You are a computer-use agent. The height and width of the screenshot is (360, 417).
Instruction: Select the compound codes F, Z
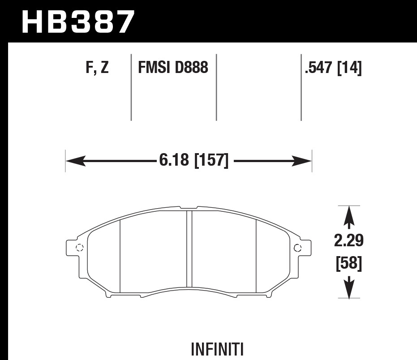pos(96,68)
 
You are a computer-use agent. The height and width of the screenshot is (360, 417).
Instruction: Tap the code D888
pos(192,68)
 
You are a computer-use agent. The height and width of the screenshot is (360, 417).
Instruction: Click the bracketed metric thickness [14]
pos(349,68)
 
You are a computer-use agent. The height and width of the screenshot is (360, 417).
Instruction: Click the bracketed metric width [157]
pos(211,160)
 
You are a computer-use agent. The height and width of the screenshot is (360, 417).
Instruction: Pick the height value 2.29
pos(348,241)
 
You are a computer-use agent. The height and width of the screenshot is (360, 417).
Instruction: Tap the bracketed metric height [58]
pos(348,264)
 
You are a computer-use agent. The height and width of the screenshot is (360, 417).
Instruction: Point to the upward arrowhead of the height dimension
pos(348,215)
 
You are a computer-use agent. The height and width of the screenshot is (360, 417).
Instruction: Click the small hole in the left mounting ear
pos(80,248)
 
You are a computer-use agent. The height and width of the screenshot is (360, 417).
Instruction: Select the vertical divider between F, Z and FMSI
pos(131,87)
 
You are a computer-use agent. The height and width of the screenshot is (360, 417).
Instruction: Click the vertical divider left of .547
pos(301,87)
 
